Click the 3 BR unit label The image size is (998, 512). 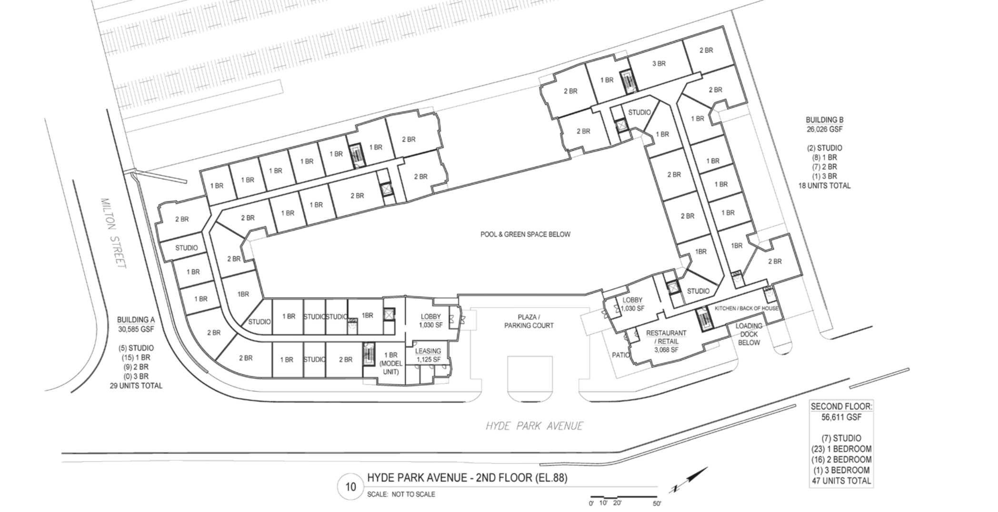pos(659,64)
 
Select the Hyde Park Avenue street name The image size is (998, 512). pos(534,426)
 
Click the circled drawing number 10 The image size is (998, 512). pos(351,487)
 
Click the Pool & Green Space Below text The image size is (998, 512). pos(525,234)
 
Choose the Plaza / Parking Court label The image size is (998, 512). pos(529,321)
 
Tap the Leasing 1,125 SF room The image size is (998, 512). pos(428,355)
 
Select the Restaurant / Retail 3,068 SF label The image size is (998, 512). pos(666,341)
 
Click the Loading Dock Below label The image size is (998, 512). pos(749,334)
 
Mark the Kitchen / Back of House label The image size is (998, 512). pos(747,308)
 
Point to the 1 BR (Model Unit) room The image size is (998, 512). pos(390,363)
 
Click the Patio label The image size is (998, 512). pos(621,355)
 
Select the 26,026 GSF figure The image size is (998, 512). pos(825,129)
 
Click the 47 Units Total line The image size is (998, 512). pos(841,481)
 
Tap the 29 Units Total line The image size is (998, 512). pos(136,386)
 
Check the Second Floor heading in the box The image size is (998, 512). pos(841,407)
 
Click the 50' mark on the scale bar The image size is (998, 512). pos(657,503)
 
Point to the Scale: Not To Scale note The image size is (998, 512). pos(401,494)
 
